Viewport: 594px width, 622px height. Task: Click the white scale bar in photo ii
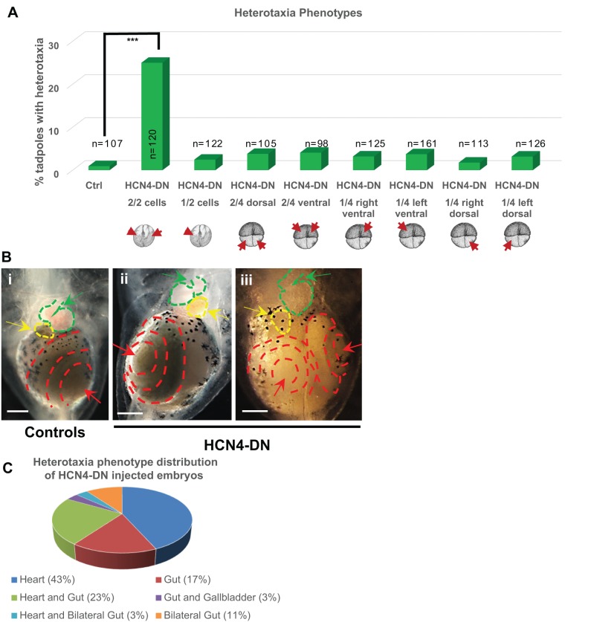[x=130, y=410]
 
